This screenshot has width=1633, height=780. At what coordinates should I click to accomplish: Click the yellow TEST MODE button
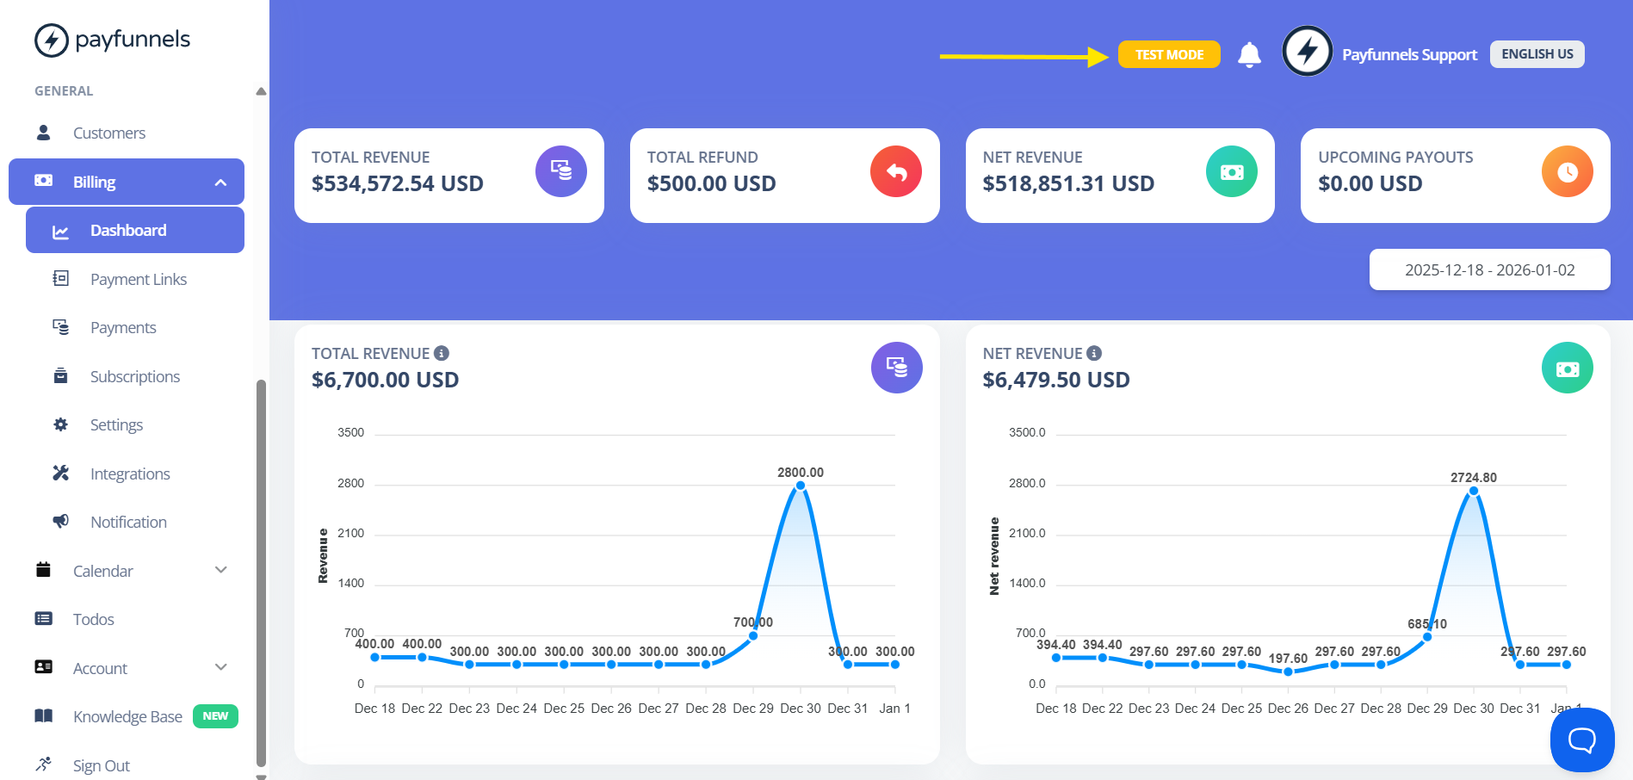pyautogui.click(x=1168, y=54)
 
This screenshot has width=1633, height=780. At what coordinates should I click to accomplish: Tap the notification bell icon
pyautogui.click(x=1249, y=54)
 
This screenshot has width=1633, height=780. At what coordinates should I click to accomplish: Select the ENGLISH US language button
pyautogui.click(x=1537, y=54)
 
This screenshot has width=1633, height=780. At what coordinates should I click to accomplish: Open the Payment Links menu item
pyautogui.click(x=138, y=279)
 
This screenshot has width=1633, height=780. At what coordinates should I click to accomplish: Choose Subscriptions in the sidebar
pyautogui.click(x=134, y=376)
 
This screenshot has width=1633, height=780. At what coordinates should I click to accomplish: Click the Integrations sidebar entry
pyautogui.click(x=130, y=474)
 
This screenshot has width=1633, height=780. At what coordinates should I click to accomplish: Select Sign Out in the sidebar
pyautogui.click(x=101, y=765)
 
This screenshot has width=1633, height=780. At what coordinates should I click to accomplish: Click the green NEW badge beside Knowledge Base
pyautogui.click(x=215, y=716)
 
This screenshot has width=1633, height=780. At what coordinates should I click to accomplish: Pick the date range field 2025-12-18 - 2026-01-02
pyautogui.click(x=1489, y=269)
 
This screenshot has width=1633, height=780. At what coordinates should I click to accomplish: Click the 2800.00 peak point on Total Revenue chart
pyautogui.click(x=801, y=486)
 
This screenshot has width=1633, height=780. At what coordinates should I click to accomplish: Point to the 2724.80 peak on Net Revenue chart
pyautogui.click(x=1474, y=491)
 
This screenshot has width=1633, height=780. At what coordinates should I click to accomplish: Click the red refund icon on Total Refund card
pyautogui.click(x=896, y=172)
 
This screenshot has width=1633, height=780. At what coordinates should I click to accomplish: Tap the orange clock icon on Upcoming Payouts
pyautogui.click(x=1567, y=172)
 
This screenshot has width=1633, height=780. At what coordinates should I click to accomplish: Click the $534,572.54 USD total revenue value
pyautogui.click(x=398, y=183)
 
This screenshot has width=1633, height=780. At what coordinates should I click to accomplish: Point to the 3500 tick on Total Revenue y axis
pyautogui.click(x=350, y=432)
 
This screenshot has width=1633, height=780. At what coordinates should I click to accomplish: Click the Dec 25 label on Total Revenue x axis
pyautogui.click(x=564, y=709)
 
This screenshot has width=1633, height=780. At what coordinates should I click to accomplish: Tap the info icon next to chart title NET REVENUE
pyautogui.click(x=1094, y=353)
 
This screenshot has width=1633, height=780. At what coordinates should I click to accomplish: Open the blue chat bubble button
pyautogui.click(x=1581, y=739)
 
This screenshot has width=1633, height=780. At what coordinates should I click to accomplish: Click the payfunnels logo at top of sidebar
pyautogui.click(x=112, y=40)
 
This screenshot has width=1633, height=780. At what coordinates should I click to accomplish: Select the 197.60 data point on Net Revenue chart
pyautogui.click(x=1288, y=672)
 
